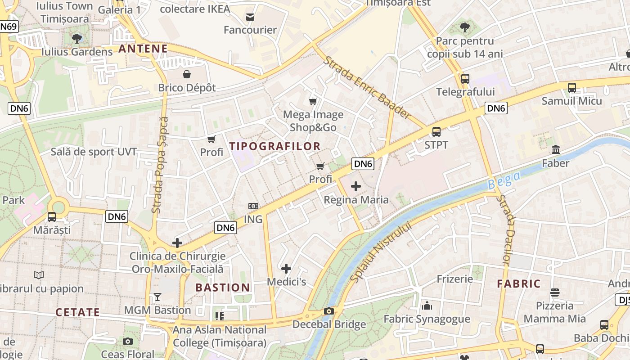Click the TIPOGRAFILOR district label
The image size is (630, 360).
point(275,146)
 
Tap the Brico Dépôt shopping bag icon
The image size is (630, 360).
point(187,74)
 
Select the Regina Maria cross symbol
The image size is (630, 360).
point(356,186)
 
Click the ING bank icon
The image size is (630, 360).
point(253,206)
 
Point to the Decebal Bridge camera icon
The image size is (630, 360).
point(329,311)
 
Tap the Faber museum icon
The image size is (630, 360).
point(556,149)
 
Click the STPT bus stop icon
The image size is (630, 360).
point(436,131)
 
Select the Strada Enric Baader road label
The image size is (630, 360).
point(367,88)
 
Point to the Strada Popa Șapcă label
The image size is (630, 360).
point(160,165)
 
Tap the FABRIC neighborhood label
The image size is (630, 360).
point(519,284)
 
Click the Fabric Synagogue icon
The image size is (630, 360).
point(427,306)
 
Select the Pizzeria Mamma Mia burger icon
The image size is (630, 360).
point(555,292)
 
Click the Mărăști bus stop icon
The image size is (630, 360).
point(52,216)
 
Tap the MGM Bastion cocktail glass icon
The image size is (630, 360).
point(157,297)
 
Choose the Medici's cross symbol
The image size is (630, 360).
point(286,269)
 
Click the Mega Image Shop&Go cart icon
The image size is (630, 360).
point(313,101)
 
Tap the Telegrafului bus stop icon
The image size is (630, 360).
point(465,78)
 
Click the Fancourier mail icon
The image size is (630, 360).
point(250,17)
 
